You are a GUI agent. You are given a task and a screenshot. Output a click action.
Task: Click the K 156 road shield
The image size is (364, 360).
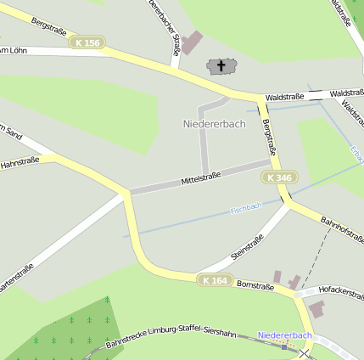coord(87,42)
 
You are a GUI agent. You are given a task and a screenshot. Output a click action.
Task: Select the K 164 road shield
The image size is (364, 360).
coord(216,279)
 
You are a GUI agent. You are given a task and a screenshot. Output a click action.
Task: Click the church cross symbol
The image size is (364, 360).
coord(222,65)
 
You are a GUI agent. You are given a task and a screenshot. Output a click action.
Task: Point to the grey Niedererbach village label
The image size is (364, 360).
coord(214,124)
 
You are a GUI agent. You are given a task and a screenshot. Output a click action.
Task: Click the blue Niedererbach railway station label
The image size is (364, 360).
coord(285,335)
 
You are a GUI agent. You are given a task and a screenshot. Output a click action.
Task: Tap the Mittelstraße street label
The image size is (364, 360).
coord(201,178)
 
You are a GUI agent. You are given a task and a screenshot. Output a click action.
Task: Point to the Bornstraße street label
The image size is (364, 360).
coord(255,286)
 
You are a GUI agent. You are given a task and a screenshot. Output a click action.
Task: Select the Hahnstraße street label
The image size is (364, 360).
coord(21,161)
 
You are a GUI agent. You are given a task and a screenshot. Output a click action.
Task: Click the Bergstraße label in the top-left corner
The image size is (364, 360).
coord(48,25)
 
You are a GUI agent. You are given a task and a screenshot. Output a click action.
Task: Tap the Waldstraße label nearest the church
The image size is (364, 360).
coord(283,98)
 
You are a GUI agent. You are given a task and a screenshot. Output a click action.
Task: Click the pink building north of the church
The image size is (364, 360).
coord(193,42)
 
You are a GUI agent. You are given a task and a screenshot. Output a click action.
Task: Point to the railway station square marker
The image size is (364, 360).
coord(284,346)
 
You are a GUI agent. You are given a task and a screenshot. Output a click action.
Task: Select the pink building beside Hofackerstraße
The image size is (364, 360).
coord(316,309)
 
